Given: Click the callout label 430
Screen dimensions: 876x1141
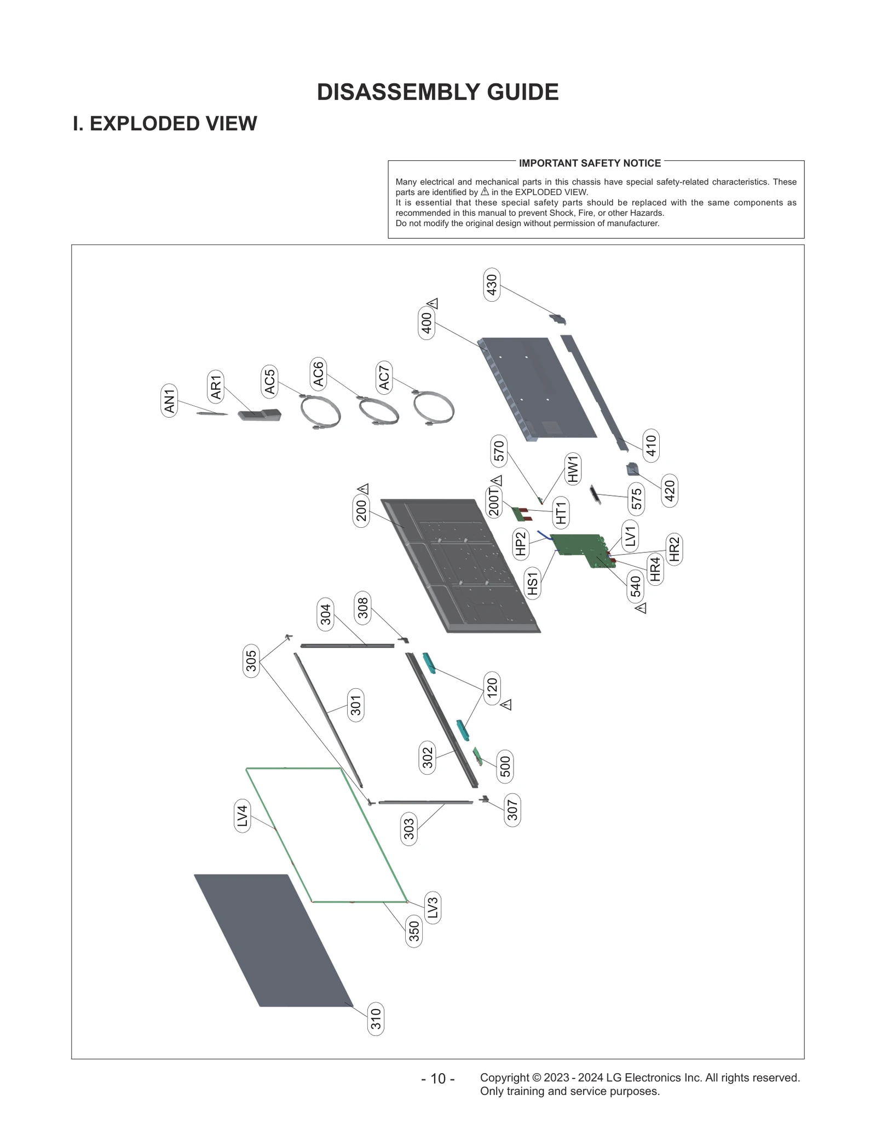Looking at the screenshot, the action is point(492,284).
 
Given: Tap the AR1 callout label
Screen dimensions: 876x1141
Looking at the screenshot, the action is point(216,386).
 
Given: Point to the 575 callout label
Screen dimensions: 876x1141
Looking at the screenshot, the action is point(636,499).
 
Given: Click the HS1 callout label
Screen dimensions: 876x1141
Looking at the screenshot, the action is point(533,583).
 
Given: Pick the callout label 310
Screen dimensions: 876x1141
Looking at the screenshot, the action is point(376,1019).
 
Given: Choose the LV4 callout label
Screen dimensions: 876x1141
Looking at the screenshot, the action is point(242,816).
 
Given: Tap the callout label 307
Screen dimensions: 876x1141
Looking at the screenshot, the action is point(512,810).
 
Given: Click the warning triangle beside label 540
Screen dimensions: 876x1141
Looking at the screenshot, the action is point(641,608).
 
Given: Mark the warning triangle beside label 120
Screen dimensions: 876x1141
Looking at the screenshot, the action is point(506,705).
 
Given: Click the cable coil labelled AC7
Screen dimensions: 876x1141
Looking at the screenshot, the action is point(434,408).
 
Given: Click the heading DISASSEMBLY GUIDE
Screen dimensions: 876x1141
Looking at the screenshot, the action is point(437,92).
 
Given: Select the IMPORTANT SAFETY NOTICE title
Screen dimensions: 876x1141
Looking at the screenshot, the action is point(590,163).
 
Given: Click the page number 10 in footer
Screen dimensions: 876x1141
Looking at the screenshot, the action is point(437,1079).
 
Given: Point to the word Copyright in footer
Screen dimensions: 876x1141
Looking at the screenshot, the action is point(504,1077).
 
